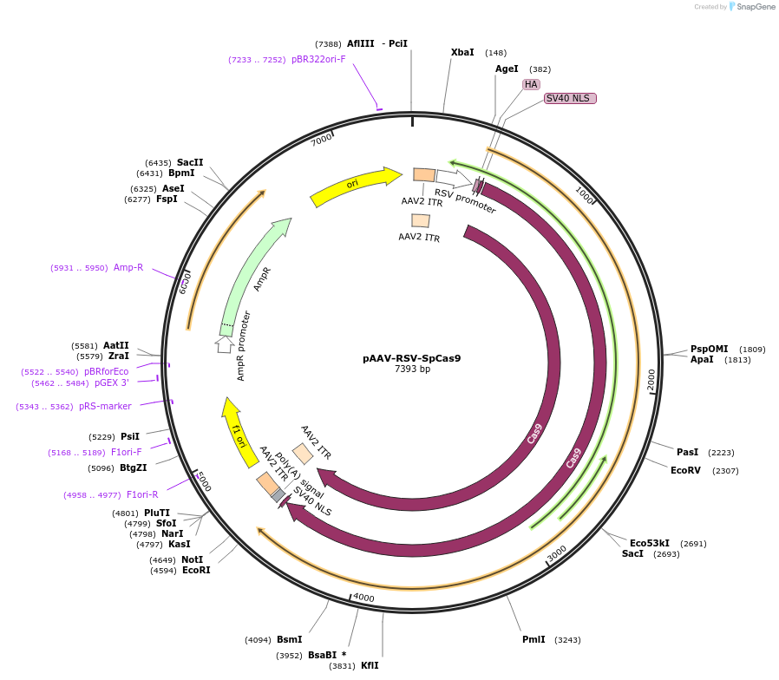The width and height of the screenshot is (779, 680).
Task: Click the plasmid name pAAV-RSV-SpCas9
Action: [411, 357]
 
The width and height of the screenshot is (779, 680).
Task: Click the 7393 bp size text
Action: [412, 369]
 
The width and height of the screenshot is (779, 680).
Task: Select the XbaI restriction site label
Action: [462, 52]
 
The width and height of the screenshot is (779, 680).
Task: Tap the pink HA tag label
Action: [531, 84]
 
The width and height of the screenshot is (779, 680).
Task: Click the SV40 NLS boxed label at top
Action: [569, 98]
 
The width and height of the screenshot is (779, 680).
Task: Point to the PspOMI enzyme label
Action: [709, 349]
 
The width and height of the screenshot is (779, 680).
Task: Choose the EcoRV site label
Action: [685, 470]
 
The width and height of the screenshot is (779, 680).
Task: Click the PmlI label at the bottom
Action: [534, 639]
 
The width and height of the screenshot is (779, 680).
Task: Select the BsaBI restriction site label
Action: [323, 655]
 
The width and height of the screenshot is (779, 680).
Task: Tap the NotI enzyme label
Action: [192, 559]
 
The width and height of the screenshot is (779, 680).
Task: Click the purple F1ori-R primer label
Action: [142, 494]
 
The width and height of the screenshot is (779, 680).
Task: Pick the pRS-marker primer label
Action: [105, 406]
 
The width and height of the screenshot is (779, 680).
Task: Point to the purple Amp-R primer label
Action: [128, 267]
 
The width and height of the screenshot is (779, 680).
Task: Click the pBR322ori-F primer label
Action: [318, 59]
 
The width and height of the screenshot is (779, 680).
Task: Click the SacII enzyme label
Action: [190, 162]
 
